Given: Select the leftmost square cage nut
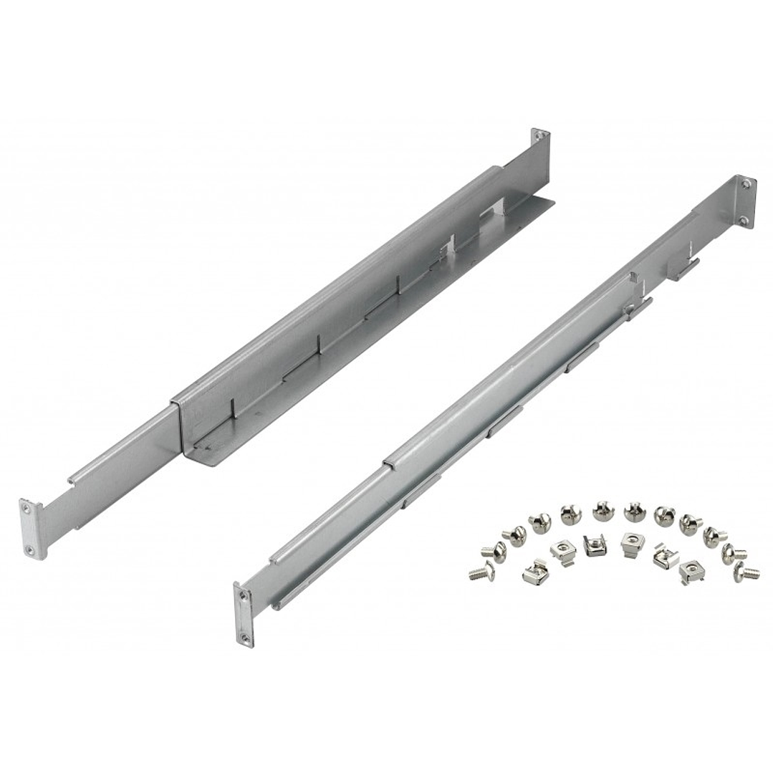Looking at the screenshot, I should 531,572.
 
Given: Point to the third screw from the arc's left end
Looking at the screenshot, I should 514,534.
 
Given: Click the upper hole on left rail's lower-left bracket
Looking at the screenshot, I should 28,507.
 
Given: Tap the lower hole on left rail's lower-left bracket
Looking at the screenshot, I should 30,550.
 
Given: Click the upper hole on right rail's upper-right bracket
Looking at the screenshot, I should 746,184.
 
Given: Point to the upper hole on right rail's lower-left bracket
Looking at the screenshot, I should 244,594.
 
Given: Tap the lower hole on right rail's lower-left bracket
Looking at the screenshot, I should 244,635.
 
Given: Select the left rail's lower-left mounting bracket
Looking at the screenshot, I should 30,529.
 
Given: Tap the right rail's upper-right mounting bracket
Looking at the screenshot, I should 744,202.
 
